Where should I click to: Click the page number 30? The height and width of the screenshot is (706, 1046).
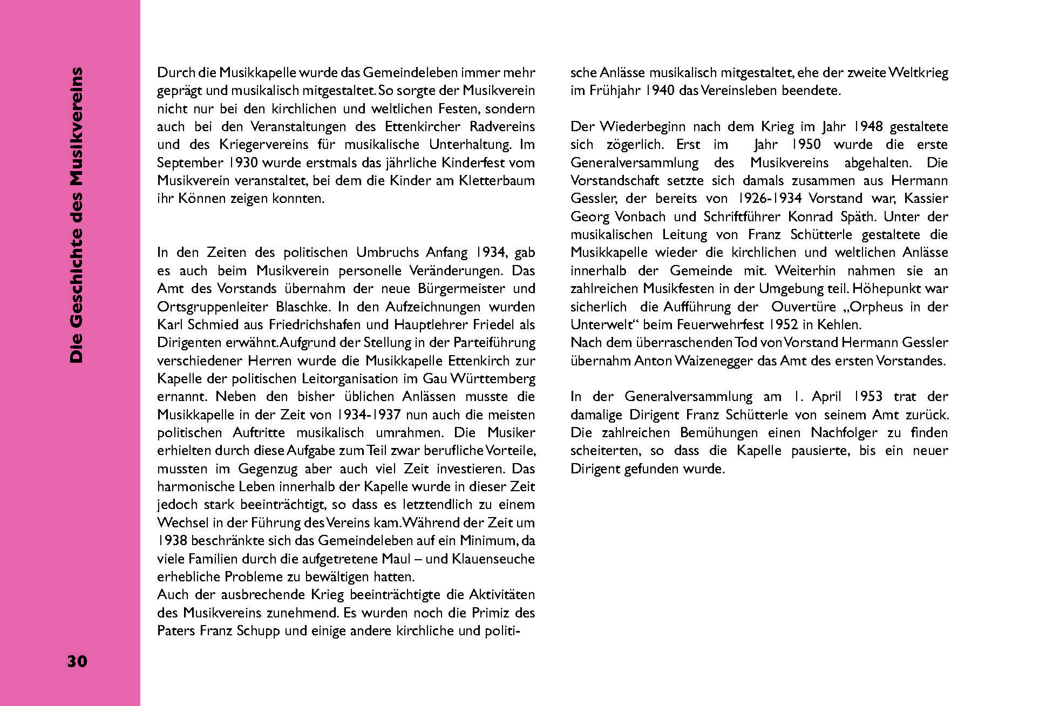[x=77, y=661]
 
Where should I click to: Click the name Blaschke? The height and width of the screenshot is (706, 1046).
[x=302, y=307]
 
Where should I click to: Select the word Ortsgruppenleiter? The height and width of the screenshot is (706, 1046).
[x=213, y=307]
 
